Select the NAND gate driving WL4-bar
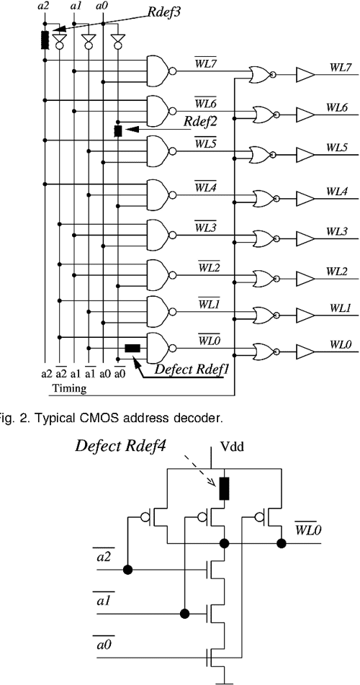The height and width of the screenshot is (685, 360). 158,192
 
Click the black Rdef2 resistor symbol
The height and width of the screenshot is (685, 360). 118,131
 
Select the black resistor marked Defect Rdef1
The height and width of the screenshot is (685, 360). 132,349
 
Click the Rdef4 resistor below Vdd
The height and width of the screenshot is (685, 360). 225,488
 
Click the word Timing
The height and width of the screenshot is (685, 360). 68,388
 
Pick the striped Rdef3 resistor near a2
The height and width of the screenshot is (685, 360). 45,38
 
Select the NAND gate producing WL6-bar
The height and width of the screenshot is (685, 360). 158,110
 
